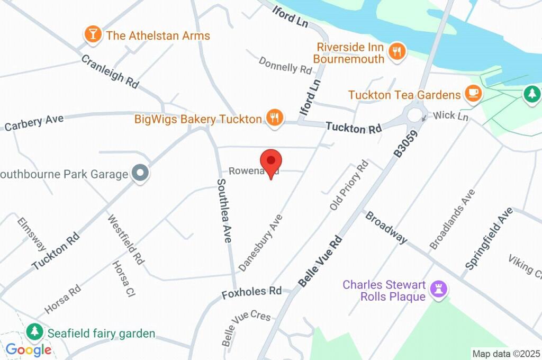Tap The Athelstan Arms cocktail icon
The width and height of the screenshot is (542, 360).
pyautogui.click(x=93, y=35)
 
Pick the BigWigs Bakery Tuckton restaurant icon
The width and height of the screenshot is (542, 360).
pyautogui.click(x=274, y=118)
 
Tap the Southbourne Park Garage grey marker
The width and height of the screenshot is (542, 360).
pyautogui.click(x=140, y=173)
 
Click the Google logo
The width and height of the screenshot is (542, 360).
pyautogui.click(x=29, y=350)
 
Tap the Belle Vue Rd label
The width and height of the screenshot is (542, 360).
pyautogui.click(x=321, y=262)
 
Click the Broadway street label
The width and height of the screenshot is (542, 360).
pyautogui.click(x=386, y=227)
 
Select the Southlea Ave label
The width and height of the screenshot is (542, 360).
pyautogui.click(x=224, y=210)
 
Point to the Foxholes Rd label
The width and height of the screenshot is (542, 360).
pyautogui.click(x=251, y=292)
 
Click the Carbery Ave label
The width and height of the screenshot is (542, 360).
pyautogui.click(x=34, y=122)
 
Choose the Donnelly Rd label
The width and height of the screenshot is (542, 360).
pyautogui.click(x=285, y=65)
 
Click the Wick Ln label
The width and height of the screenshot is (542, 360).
pyautogui.click(x=451, y=115)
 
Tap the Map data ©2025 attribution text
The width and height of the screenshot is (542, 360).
pyautogui.click(x=505, y=354)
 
